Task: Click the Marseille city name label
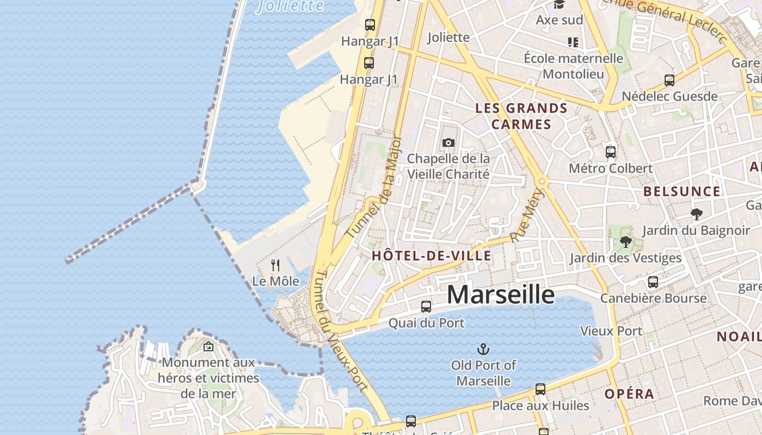tap(501, 295)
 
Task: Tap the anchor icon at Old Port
tap(483, 349)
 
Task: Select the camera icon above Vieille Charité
tap(448, 142)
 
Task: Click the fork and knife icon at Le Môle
tap(275, 265)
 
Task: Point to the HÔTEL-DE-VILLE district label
tap(431, 256)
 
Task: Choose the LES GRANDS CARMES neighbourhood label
tap(521, 116)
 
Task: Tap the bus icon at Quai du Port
tap(426, 307)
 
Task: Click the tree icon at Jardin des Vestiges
tap(625, 242)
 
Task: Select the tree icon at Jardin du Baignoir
tap(696, 214)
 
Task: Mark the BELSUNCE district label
tap(681, 191)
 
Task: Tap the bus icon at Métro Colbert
tap(611, 152)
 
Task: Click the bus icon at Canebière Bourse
tap(653, 282)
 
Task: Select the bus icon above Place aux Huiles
tap(540, 389)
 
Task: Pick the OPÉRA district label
tap(629, 394)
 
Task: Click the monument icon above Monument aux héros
tap(208, 346)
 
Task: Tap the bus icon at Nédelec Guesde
tap(669, 80)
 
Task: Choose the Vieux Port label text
tap(611, 331)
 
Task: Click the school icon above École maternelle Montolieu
tap(573, 42)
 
